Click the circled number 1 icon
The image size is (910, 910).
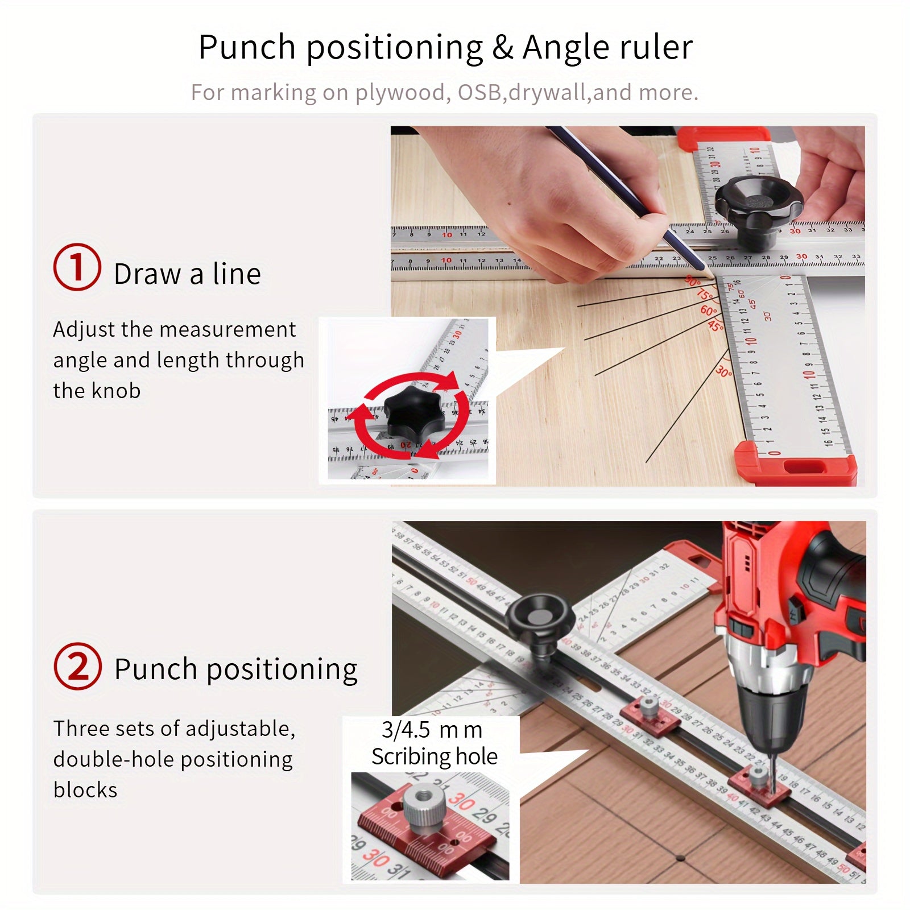77,267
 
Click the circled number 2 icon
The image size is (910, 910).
77,667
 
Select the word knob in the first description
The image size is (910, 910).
116,391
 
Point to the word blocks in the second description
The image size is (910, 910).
85,790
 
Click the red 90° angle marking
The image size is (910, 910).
692,281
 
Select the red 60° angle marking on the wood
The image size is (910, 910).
708,311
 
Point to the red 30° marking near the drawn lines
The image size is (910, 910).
723,371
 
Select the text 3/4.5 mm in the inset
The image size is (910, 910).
432,730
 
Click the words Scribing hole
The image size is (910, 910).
435,756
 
